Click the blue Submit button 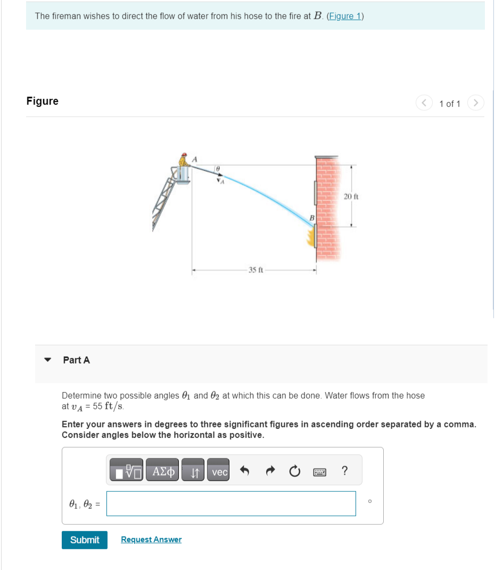[x=84, y=540]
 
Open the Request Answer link [x=151, y=540]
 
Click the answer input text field [x=231, y=503]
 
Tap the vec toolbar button [x=219, y=472]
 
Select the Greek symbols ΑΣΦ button [x=162, y=472]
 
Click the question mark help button [x=345, y=471]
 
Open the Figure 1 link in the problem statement [x=345, y=16]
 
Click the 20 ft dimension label [x=351, y=196]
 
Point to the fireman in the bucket [x=184, y=161]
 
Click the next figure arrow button [x=476, y=103]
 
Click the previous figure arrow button [x=425, y=103]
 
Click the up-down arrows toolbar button [x=194, y=472]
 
